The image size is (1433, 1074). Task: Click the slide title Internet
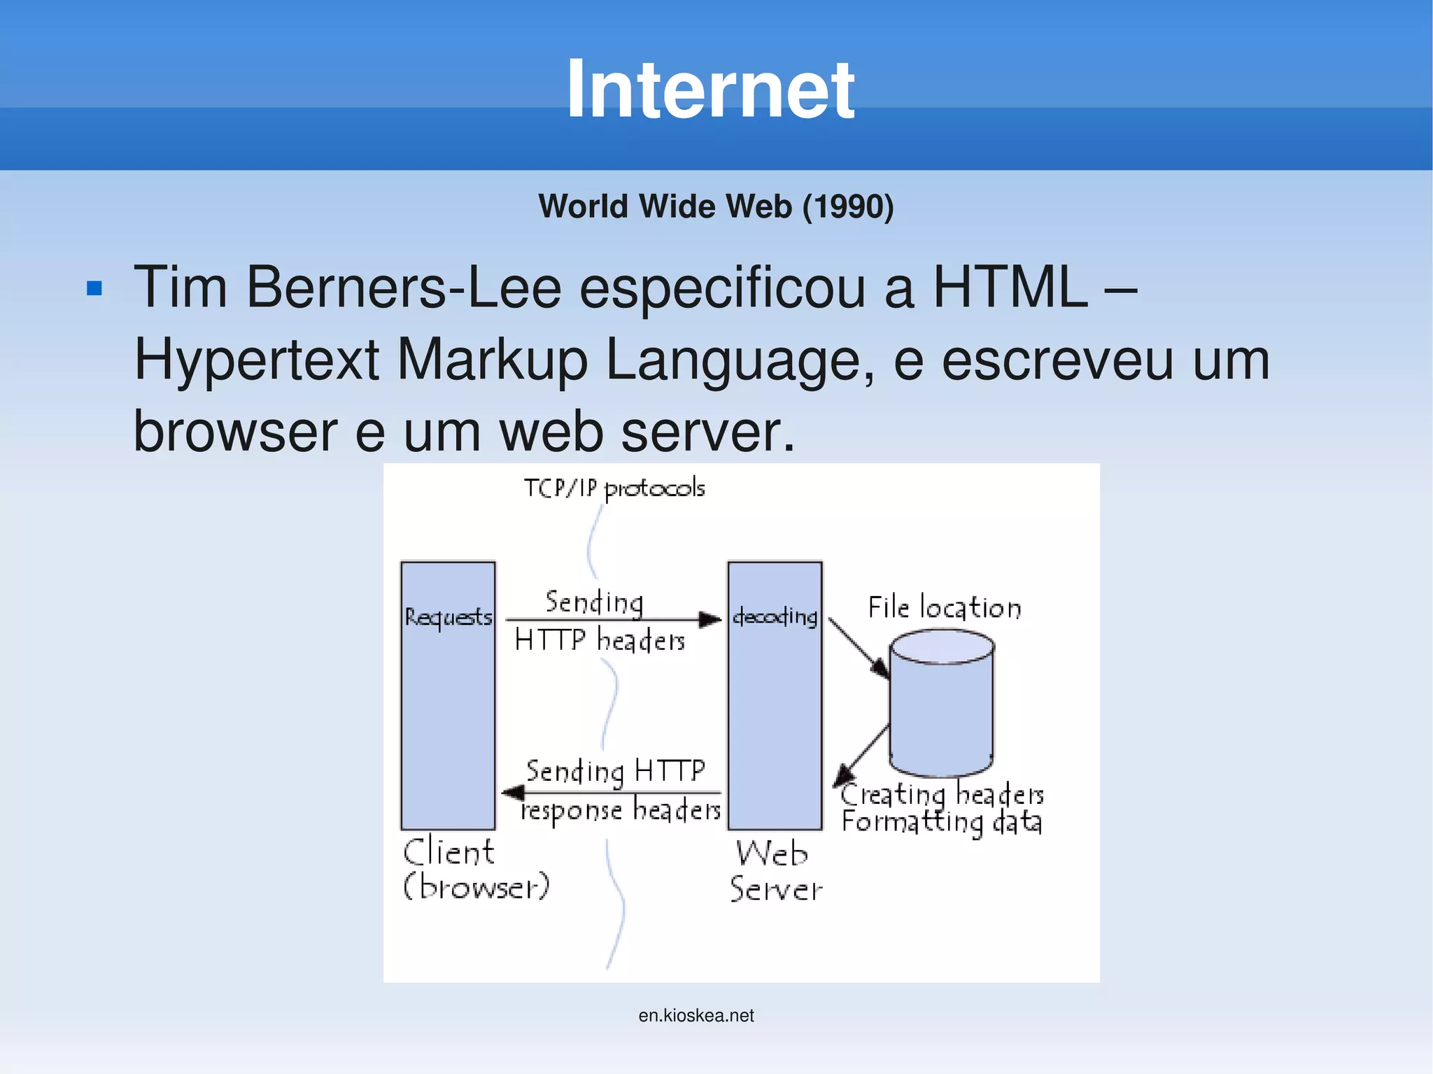(710, 90)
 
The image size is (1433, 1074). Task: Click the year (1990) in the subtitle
(847, 207)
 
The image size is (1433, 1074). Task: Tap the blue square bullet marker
(94, 288)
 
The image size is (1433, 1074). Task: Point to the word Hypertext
(256, 360)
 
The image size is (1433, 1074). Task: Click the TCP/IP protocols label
(614, 488)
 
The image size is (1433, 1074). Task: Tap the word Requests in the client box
(448, 617)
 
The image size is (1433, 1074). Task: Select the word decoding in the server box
(775, 616)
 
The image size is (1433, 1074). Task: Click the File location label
(945, 607)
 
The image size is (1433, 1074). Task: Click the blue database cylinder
(941, 703)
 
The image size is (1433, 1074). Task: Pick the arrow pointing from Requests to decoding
(612, 619)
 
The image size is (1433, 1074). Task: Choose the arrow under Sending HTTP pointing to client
(612, 793)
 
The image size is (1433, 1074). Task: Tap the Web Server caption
(775, 871)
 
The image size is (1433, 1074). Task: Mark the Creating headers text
(942, 795)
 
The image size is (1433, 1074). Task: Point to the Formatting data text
(942, 822)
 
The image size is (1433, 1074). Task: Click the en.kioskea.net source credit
(696, 1015)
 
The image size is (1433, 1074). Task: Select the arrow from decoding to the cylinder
(859, 648)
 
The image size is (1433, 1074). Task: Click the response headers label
(621, 811)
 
